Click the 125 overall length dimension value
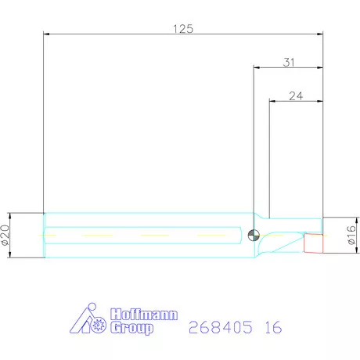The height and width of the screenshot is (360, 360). (x=183, y=29)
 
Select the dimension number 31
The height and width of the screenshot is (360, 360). (x=289, y=63)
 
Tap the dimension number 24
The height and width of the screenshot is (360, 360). (x=296, y=96)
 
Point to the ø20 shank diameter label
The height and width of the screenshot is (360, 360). (x=5, y=235)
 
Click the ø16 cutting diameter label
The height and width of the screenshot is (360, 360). (x=351, y=235)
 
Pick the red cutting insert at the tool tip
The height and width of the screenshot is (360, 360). (x=313, y=243)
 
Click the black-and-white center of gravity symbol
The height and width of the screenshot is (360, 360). (x=254, y=235)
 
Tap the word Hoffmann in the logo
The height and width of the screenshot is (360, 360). (x=144, y=315)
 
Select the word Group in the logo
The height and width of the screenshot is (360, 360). (x=131, y=328)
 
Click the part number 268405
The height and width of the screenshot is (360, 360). (x=221, y=327)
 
